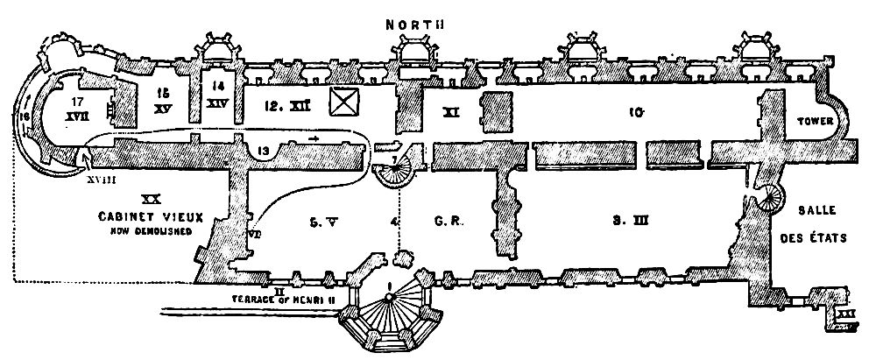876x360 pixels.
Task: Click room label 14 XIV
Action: tap(218, 94)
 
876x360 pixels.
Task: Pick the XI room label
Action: tap(452, 112)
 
